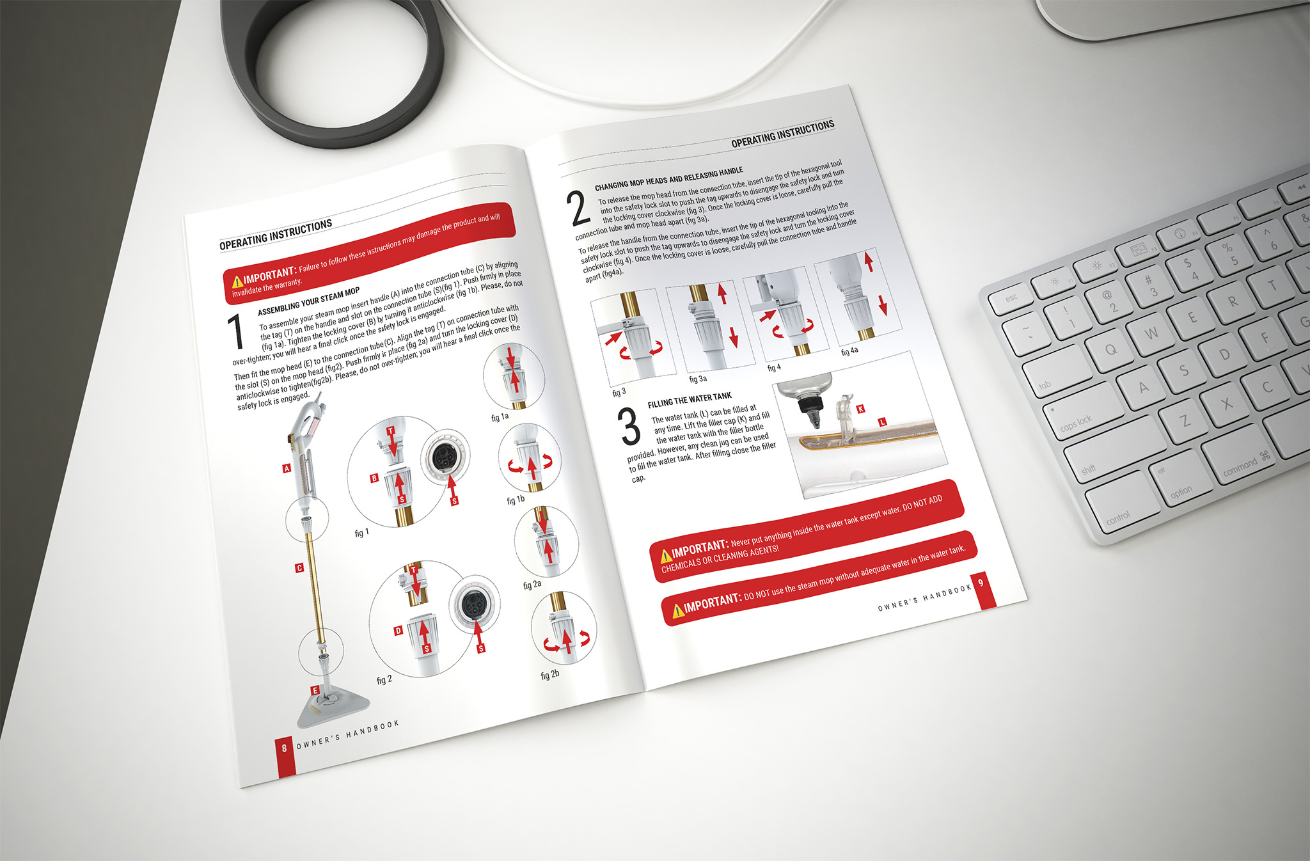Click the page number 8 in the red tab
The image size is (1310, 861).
285,748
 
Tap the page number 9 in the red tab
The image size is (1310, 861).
981,583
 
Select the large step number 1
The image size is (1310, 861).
236,332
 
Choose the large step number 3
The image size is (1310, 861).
630,427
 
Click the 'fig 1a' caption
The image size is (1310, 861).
500,417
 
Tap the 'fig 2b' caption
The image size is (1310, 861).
550,675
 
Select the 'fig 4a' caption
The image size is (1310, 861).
849,351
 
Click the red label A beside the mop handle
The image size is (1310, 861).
287,468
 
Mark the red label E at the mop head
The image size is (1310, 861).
315,690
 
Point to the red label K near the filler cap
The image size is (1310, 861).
860,409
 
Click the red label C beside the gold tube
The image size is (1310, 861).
299,568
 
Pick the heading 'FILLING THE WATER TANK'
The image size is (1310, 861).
690,400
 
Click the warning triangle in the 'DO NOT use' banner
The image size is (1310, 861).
677,612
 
